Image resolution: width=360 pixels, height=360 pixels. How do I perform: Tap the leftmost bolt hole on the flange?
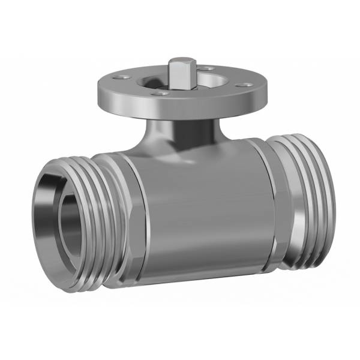click(x=122, y=77)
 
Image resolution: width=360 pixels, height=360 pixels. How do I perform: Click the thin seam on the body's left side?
click(x=143, y=222)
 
